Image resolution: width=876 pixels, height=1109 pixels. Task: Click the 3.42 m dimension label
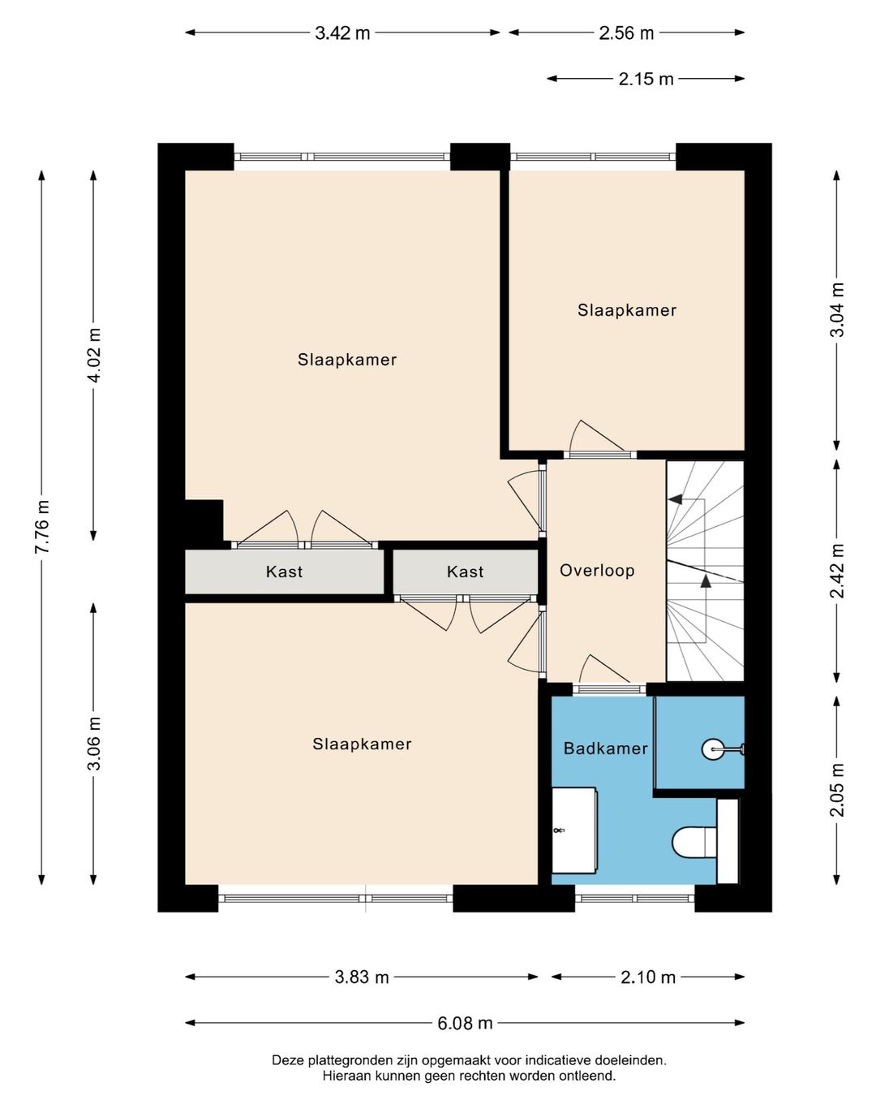(x=342, y=33)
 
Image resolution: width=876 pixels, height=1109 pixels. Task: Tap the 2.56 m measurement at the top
(x=626, y=33)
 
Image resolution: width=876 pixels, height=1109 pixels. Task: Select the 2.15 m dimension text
(x=646, y=80)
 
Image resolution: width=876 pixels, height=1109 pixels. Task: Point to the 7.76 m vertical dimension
(x=41, y=527)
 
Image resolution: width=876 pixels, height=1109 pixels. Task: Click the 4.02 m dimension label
(x=94, y=355)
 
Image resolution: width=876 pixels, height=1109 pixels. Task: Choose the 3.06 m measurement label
(x=94, y=743)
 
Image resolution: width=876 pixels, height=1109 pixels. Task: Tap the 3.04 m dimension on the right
(x=837, y=309)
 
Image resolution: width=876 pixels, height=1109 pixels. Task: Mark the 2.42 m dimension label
(x=837, y=571)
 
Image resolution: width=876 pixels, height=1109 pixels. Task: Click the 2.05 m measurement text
(x=837, y=790)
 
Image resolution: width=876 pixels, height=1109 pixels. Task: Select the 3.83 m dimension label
(x=362, y=977)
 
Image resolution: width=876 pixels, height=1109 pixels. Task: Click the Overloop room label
(x=597, y=571)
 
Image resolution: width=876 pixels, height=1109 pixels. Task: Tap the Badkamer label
(x=606, y=749)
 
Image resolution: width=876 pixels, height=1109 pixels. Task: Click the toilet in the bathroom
(x=695, y=843)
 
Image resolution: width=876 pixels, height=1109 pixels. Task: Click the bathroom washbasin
(x=574, y=831)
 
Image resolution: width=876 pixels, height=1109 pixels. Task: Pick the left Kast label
(x=284, y=572)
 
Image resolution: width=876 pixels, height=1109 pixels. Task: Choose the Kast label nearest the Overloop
(x=465, y=572)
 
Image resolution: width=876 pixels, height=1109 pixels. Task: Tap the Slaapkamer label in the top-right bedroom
(x=627, y=310)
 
